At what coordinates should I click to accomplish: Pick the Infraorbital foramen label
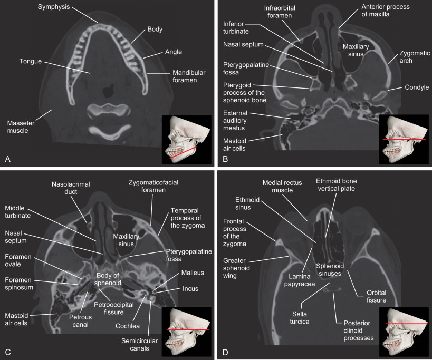(x=281, y=12)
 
